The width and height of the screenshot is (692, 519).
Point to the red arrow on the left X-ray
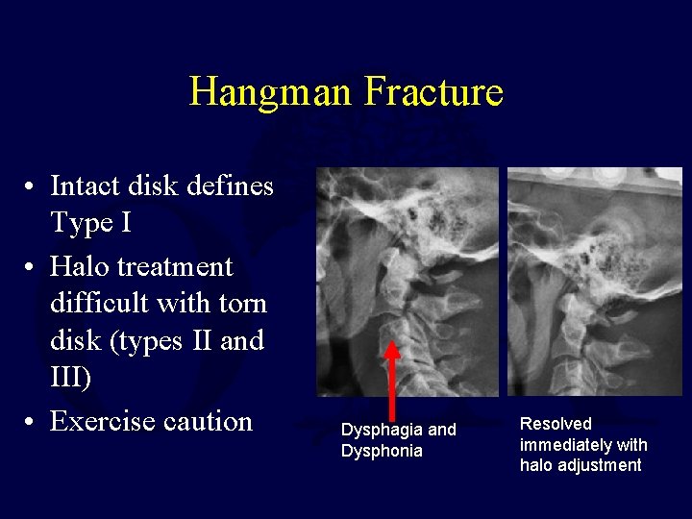[x=392, y=381]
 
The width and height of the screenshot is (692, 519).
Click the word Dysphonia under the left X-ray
[x=382, y=451]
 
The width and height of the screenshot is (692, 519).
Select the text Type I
[x=91, y=224]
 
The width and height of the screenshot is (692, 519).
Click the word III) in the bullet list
[x=71, y=379]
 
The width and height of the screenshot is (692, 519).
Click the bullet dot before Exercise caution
[x=33, y=422]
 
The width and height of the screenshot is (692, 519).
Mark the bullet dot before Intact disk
[x=33, y=185]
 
